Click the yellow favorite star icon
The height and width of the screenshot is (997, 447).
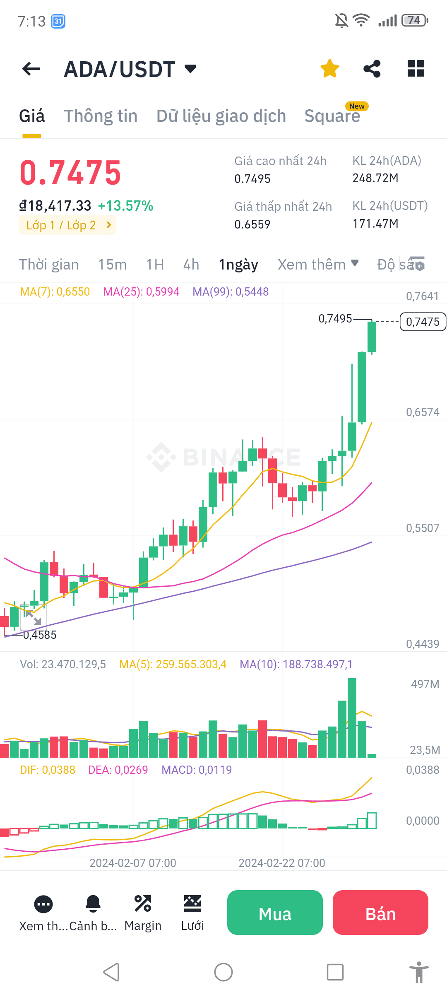click(x=330, y=68)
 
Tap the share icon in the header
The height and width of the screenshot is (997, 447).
click(x=372, y=68)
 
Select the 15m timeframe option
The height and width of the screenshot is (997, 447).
click(x=112, y=265)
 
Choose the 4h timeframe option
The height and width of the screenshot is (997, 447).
click(x=191, y=265)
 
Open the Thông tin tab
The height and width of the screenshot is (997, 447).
click(x=101, y=116)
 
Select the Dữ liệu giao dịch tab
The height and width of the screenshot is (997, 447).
click(x=221, y=116)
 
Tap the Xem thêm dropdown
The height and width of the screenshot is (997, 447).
click(x=317, y=265)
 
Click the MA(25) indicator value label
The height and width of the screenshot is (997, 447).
click(x=141, y=292)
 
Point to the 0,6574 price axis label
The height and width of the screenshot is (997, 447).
click(x=422, y=412)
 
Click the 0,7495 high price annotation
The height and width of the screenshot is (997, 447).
click(x=335, y=318)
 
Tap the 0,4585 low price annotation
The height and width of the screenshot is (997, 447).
click(x=40, y=635)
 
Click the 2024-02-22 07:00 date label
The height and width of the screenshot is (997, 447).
click(x=281, y=863)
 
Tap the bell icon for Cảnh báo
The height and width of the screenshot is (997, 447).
click(x=93, y=903)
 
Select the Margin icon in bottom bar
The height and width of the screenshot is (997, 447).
click(x=143, y=903)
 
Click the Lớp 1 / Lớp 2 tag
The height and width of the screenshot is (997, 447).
click(x=67, y=225)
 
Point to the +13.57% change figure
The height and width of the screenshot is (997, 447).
click(x=125, y=206)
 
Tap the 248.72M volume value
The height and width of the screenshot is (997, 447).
click(x=375, y=178)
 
